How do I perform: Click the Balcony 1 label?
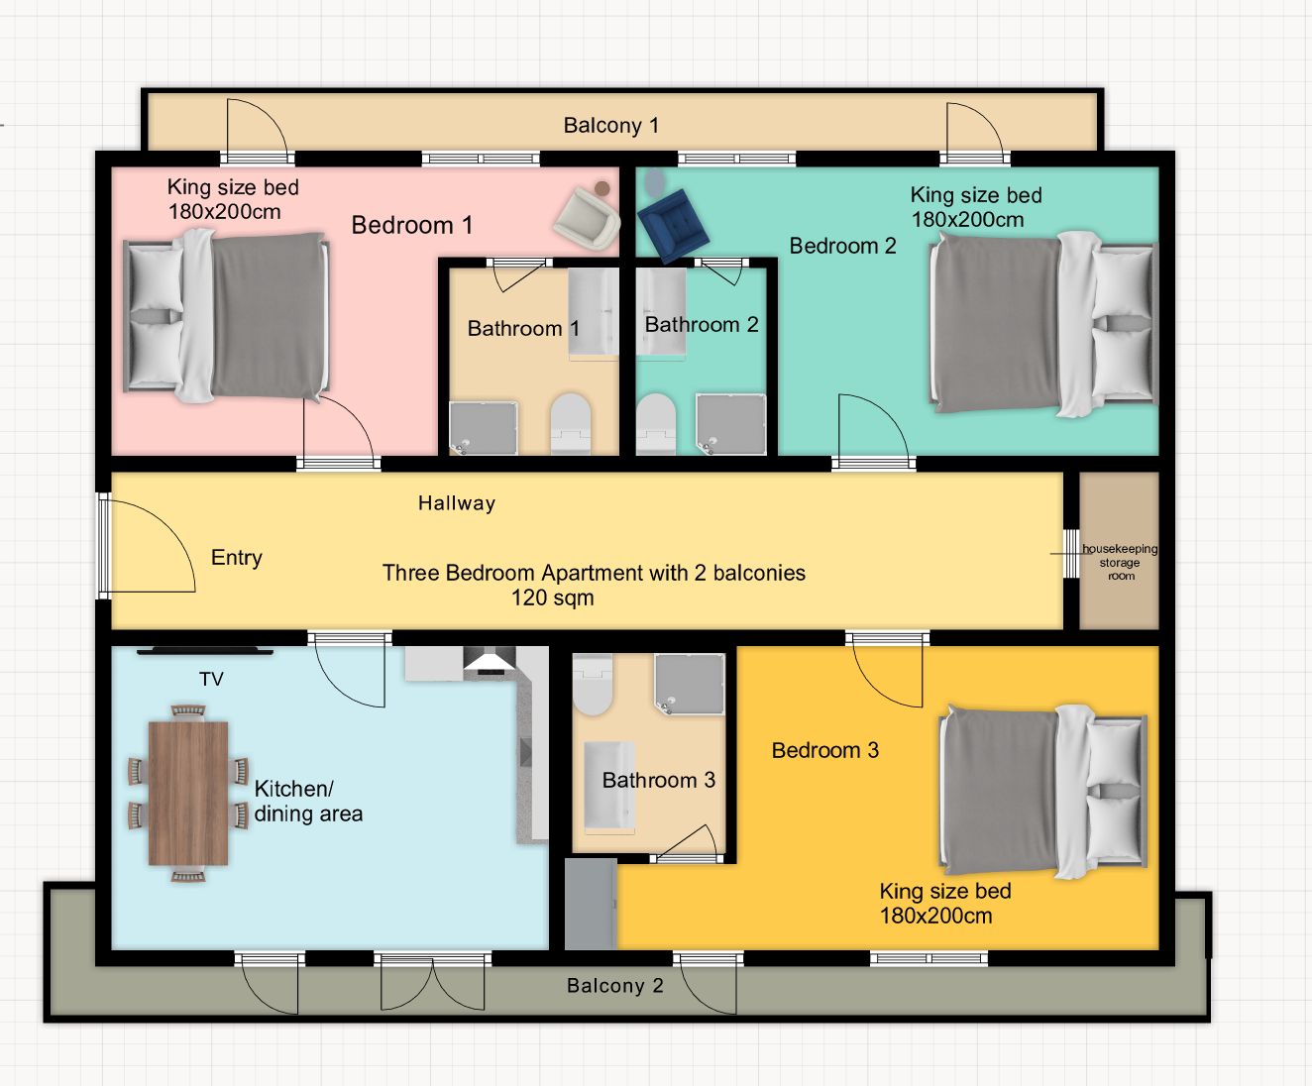610,126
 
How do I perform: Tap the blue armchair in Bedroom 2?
673,224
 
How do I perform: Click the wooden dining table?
188,793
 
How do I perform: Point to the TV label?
211,679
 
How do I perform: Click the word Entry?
236,558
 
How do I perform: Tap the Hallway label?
457,502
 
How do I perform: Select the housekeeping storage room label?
1120,562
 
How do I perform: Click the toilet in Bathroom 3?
593,685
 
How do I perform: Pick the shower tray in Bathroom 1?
484,428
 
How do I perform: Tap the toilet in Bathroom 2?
655,423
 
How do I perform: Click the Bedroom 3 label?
825,750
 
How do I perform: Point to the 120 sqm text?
552,597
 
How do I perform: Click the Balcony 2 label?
615,986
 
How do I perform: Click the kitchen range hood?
490,661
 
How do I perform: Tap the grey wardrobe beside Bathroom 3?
590,904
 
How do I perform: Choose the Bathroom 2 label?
702,324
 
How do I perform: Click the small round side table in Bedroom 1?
601,188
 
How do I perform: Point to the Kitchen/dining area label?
308,801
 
